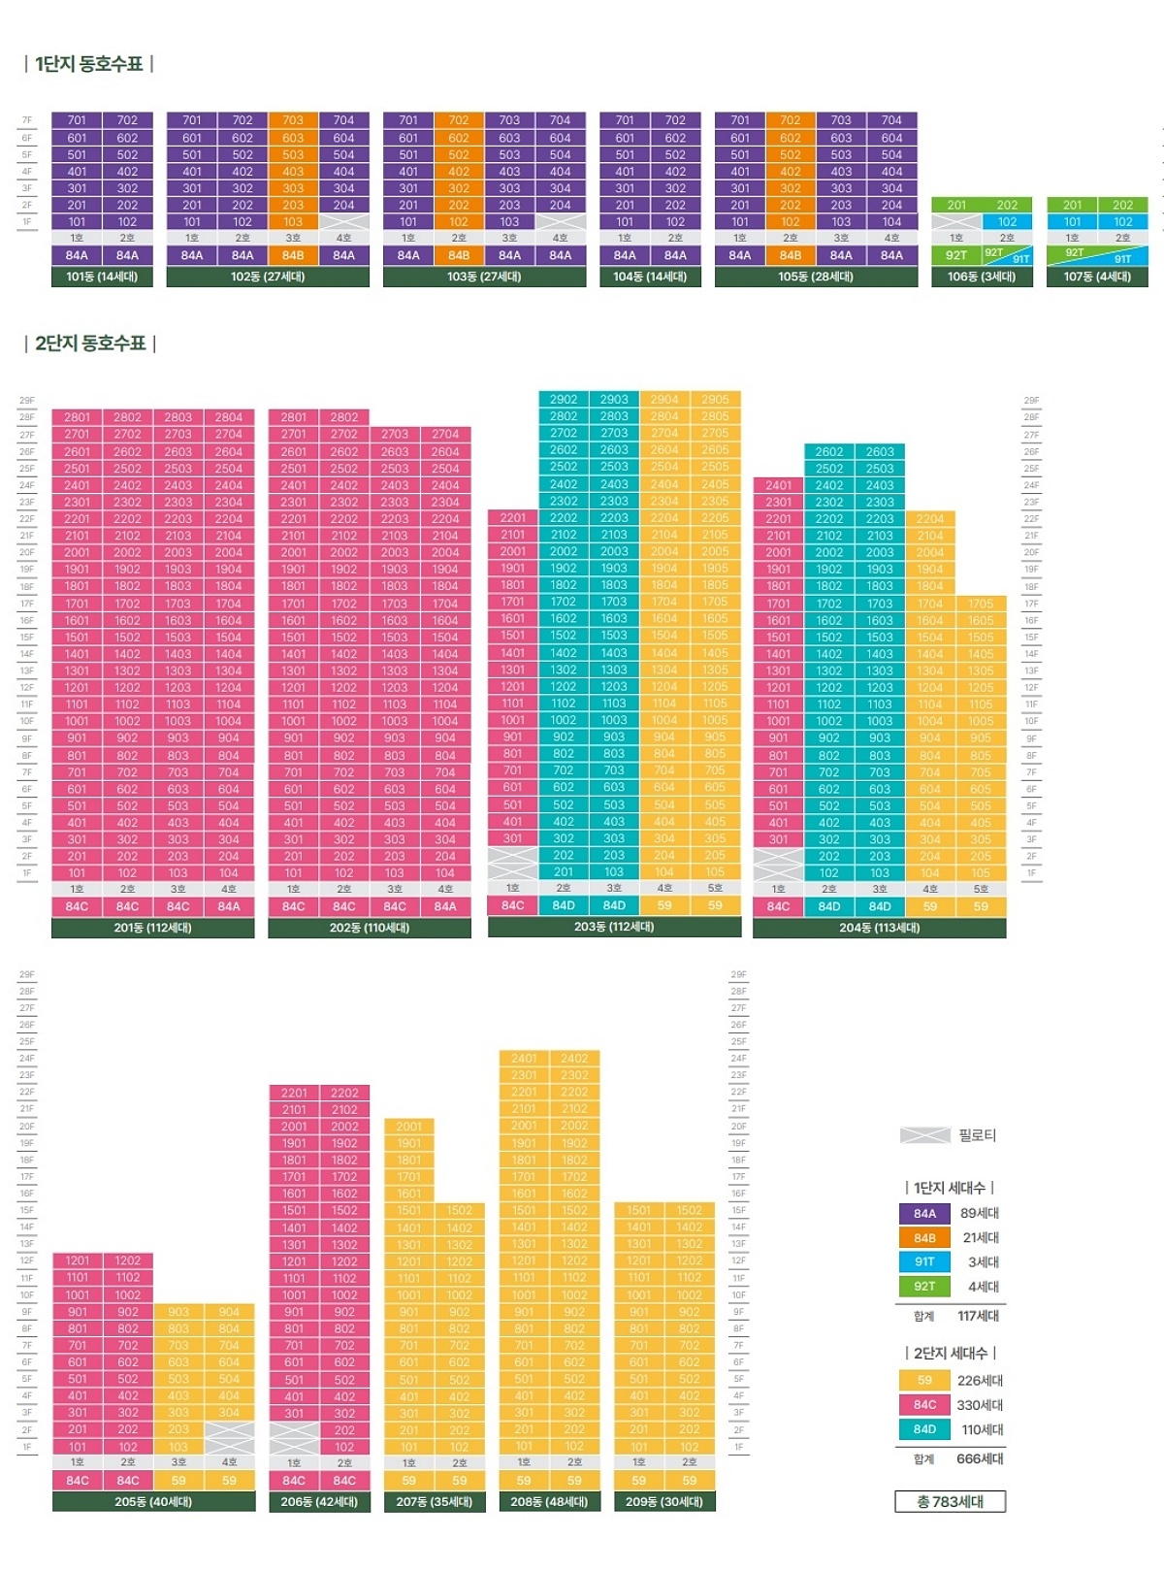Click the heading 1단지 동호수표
coord(88,64)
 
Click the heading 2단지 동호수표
coord(89,344)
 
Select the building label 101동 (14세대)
coord(102,277)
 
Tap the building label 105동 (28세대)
coord(816,277)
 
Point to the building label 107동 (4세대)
coord(1097,277)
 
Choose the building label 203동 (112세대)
coord(614,927)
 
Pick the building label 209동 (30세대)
coord(664,1501)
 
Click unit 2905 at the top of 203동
coord(715,399)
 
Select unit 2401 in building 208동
coord(524,1059)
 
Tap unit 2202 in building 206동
coord(344,1093)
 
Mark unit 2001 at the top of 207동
coord(409,1127)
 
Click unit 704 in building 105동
coord(891,120)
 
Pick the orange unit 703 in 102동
coord(293,120)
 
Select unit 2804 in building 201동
coord(229,417)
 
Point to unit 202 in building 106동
coord(1007,205)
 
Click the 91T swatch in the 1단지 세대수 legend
coord(924,1261)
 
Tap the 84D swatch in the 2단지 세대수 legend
coord(924,1429)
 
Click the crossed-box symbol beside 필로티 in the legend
coord(924,1135)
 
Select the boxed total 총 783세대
coord(950,1501)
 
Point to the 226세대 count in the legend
coord(980,1380)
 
